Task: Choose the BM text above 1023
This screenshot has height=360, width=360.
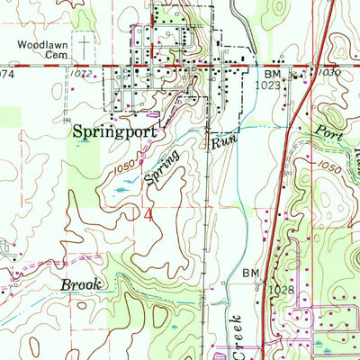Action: pyautogui.click(x=274, y=72)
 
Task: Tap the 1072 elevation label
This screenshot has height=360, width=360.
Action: pyautogui.click(x=82, y=71)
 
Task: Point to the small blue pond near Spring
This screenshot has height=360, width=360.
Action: pyautogui.click(x=121, y=190)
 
